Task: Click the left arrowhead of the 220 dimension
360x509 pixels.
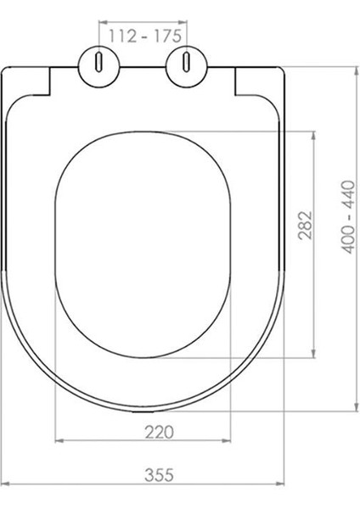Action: click(59, 441)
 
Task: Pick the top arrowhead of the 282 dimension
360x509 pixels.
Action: click(317, 134)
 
